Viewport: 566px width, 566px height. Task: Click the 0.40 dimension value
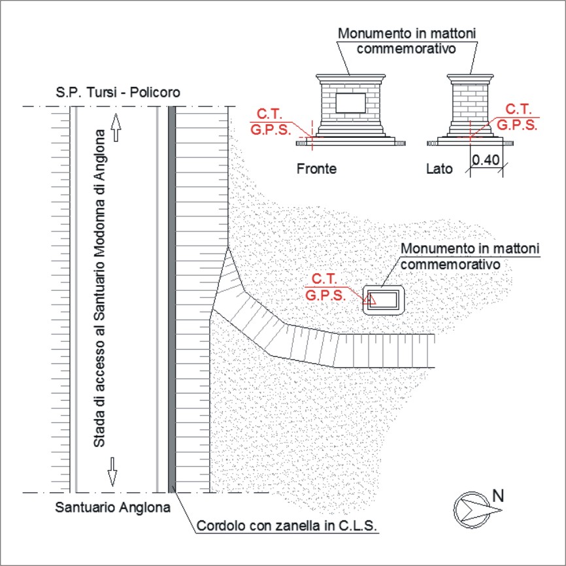click(486, 160)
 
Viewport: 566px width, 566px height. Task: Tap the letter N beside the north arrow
click(498, 496)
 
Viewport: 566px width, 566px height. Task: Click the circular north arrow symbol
click(472, 510)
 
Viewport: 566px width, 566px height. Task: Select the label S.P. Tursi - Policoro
click(118, 92)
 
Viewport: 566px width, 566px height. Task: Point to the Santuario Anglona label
click(112, 508)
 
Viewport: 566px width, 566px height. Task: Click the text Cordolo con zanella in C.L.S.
click(287, 525)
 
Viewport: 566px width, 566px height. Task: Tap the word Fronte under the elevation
click(316, 169)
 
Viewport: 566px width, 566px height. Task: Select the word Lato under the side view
click(439, 169)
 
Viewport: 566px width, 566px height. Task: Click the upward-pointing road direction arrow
click(116, 127)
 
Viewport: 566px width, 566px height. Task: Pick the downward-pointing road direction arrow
click(112, 472)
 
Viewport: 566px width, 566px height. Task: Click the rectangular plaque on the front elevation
click(350, 103)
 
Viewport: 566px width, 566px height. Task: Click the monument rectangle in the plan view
click(384, 300)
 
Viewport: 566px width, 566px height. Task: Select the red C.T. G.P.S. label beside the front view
click(271, 122)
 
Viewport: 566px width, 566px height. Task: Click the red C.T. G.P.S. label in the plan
click(325, 288)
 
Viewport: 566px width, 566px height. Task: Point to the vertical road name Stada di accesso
click(99, 288)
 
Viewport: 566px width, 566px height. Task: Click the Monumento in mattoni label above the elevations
click(407, 41)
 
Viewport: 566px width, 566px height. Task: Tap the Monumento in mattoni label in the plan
click(470, 256)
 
